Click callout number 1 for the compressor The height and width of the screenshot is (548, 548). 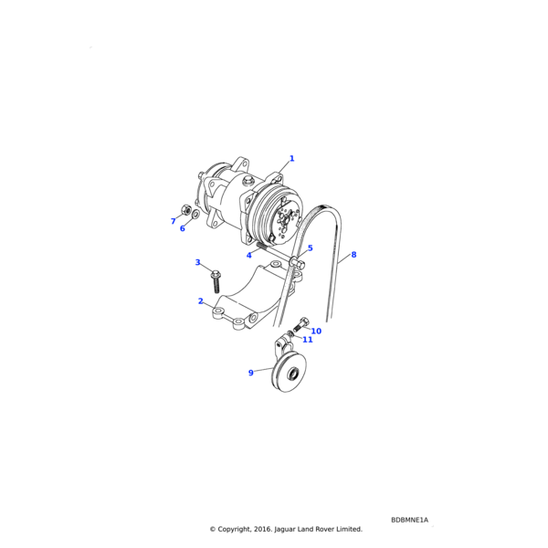(292, 159)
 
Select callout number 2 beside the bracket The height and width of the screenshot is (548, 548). (200, 300)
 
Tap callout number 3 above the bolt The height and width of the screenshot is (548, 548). (197, 262)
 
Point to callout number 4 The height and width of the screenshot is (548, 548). (248, 256)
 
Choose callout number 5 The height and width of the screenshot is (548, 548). (310, 248)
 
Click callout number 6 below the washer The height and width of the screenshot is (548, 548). (182, 228)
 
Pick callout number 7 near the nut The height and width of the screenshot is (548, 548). (173, 221)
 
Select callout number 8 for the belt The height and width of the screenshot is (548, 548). (353, 255)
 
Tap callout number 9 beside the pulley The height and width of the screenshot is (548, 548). (250, 373)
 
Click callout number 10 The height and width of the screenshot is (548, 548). (316, 331)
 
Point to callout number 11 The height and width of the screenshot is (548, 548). (308, 340)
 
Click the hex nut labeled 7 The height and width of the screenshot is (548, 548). (186, 210)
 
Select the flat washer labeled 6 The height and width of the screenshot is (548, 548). (196, 213)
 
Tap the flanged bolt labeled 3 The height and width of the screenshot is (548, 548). (216, 281)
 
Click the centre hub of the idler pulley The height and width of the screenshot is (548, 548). (293, 374)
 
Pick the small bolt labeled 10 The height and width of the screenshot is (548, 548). (300, 324)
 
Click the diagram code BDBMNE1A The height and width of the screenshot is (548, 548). (409, 520)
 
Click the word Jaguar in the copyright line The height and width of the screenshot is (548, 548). (285, 530)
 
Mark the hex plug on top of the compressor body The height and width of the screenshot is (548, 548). (248, 181)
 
